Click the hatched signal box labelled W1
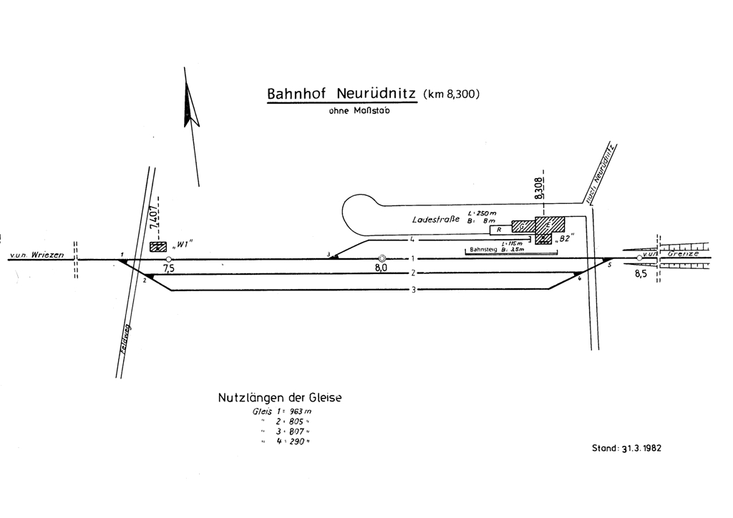point(158,246)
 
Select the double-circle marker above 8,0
point(382,258)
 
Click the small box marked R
point(499,230)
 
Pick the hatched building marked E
point(550,225)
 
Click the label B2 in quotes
point(565,239)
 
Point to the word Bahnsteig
point(484,250)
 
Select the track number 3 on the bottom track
point(412,289)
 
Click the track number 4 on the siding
point(413,240)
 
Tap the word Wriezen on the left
point(49,255)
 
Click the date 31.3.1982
point(642,449)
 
